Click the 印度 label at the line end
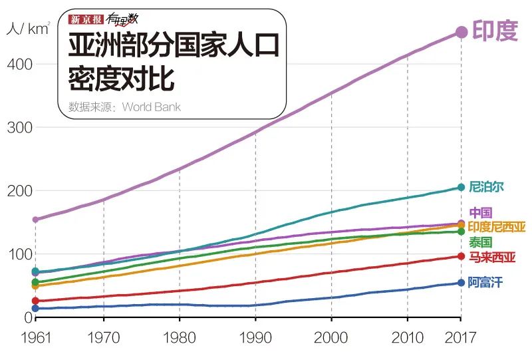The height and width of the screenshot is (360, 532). pos(495,31)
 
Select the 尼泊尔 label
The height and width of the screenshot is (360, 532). pos(486,187)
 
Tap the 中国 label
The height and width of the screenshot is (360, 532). pos(481,213)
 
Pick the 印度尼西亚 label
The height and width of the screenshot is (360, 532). pos(497,227)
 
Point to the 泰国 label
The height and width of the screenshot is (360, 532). pos(481,242)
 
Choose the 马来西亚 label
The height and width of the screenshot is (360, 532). pos(491,257)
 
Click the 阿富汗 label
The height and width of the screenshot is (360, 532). pos(485,283)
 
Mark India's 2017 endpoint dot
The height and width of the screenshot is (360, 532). pos(461,32)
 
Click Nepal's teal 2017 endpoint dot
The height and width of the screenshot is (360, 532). pos(461,188)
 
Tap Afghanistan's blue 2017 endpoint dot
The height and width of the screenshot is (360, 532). pos(461,283)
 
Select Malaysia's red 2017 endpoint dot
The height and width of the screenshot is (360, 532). pos(461,256)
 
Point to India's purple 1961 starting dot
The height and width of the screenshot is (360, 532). pos(35,220)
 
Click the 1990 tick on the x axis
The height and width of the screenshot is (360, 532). pos(255,337)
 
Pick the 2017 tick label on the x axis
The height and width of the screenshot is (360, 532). pos(461,337)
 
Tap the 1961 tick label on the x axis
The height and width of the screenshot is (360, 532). pos(35,337)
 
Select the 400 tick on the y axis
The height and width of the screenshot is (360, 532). pos(21,65)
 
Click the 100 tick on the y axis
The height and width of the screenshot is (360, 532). pos(21,254)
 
